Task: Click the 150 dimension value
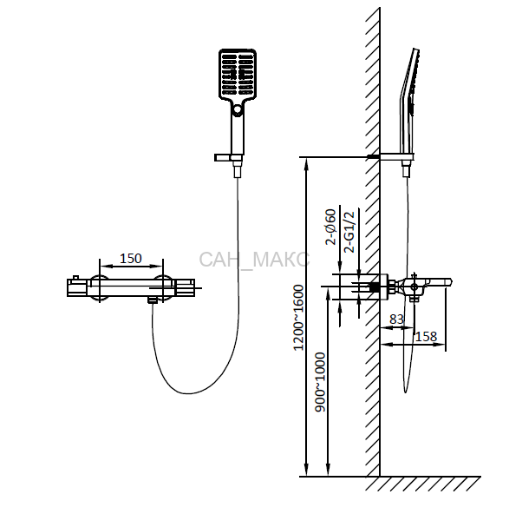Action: point(131,259)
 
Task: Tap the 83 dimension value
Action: point(397,320)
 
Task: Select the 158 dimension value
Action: point(426,337)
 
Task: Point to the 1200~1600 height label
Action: point(298,318)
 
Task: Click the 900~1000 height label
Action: point(320,382)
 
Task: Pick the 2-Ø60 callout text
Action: point(330,227)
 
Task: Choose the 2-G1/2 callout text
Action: point(349,232)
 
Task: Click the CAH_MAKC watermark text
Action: point(254,260)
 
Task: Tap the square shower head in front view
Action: point(238,74)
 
